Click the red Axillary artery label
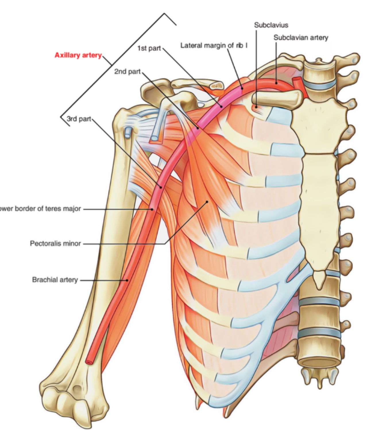[x=78, y=55]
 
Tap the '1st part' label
[x=149, y=48]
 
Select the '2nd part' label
[x=127, y=71]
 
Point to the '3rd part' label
[x=79, y=118]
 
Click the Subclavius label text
[x=271, y=25]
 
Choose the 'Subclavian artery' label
[x=301, y=38]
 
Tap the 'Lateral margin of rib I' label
[x=214, y=45]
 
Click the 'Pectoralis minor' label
[x=55, y=244]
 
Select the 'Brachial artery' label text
[x=55, y=280]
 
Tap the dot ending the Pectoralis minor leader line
[x=207, y=202]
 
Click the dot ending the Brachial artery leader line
[x=127, y=280]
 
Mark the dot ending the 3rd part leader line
[x=161, y=187]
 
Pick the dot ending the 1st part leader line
[x=221, y=106]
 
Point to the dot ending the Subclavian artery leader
[x=276, y=83]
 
